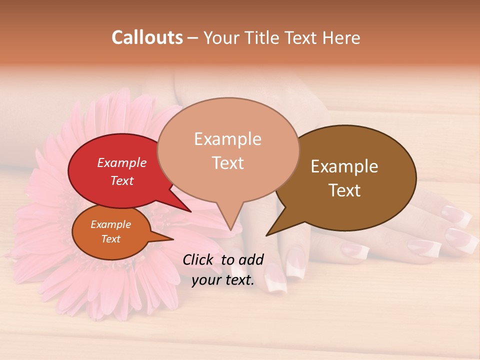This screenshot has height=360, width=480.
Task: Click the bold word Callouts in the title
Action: pos(147,37)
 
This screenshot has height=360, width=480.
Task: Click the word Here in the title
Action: pos(340,37)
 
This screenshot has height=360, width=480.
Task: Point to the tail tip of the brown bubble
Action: pos(267,234)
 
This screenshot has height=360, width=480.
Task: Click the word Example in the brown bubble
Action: pos(344,166)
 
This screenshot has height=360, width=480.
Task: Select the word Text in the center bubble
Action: pos(228,163)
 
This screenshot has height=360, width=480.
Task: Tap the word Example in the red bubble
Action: pos(122,163)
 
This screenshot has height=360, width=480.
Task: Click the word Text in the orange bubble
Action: pos(110,239)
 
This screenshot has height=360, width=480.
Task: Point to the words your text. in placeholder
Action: pos(223,280)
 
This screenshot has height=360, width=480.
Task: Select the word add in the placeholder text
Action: pos(251,259)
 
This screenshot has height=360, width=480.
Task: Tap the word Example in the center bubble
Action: pos(227,139)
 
